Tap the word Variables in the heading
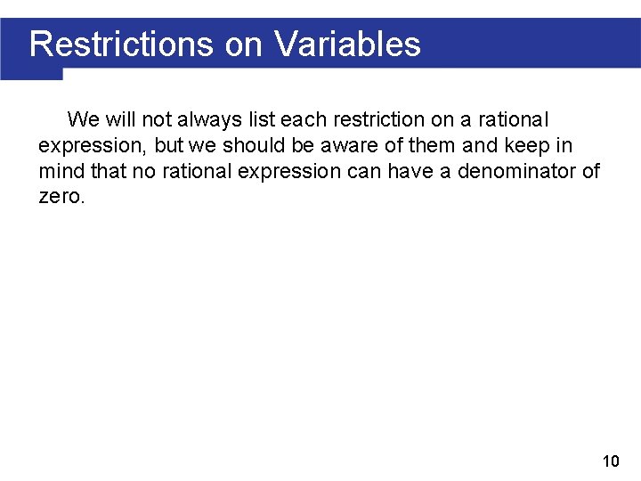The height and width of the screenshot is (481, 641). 347,43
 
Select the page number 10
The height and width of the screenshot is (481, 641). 611,461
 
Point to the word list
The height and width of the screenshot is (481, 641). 260,119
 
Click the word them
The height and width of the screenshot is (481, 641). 435,145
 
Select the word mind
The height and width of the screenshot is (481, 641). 59,171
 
